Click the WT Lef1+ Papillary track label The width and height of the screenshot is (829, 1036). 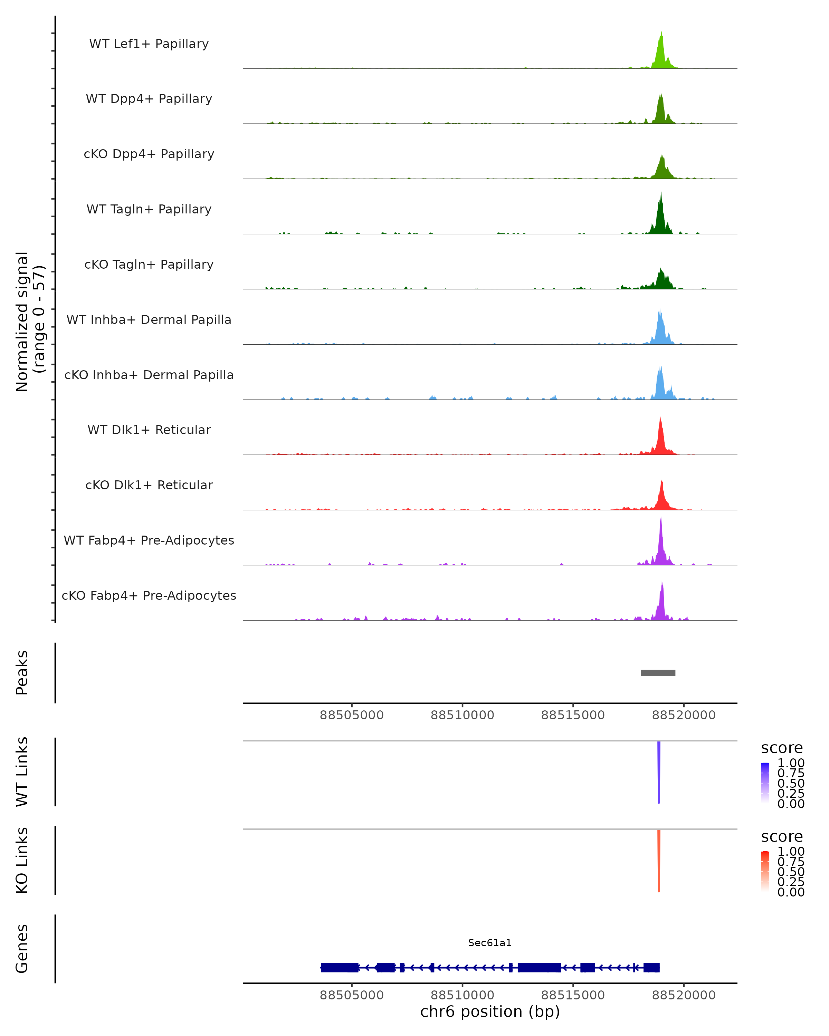click(149, 44)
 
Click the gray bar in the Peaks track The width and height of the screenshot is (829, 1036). click(658, 673)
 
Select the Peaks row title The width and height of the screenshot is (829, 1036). click(22, 673)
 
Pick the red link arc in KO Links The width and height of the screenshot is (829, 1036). click(659, 861)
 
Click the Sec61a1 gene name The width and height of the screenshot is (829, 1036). click(490, 943)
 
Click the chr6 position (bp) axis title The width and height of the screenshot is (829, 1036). click(490, 1011)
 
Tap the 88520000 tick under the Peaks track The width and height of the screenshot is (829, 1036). click(683, 715)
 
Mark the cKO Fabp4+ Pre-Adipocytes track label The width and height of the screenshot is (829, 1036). click(149, 595)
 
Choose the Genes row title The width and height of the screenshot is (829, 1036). click(22, 949)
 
